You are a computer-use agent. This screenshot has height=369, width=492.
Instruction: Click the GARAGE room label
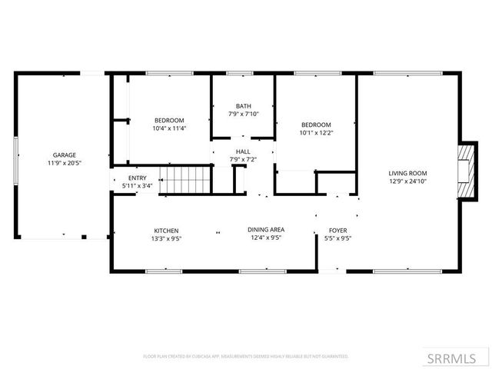[65, 155]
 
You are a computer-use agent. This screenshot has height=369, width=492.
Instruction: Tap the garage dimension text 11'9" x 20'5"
[65, 163]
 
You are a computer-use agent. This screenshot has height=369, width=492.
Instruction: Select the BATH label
[244, 106]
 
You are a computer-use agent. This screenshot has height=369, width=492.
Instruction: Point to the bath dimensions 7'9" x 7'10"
[244, 114]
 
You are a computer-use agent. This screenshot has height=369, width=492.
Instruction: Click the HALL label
[243, 151]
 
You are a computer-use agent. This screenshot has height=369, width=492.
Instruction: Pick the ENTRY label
[138, 178]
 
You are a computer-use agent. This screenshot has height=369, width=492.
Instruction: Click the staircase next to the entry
[187, 180]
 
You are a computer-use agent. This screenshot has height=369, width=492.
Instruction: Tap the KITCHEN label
[166, 231]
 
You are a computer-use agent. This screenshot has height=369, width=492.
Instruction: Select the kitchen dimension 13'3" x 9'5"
[166, 238]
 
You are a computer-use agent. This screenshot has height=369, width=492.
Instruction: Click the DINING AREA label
[266, 230]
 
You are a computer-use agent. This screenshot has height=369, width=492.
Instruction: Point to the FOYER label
[338, 230]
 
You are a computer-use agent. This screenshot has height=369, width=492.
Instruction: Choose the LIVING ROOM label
[407, 173]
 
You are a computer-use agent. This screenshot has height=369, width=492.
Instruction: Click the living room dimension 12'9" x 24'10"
[407, 181]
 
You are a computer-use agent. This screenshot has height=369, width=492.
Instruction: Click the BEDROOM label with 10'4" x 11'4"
[169, 121]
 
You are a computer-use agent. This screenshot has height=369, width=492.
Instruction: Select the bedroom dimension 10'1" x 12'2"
[316, 133]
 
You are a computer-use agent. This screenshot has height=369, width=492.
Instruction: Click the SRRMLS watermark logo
[450, 357]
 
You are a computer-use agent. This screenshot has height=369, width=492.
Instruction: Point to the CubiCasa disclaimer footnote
[246, 357]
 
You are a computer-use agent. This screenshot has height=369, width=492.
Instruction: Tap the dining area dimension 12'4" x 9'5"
[266, 238]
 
